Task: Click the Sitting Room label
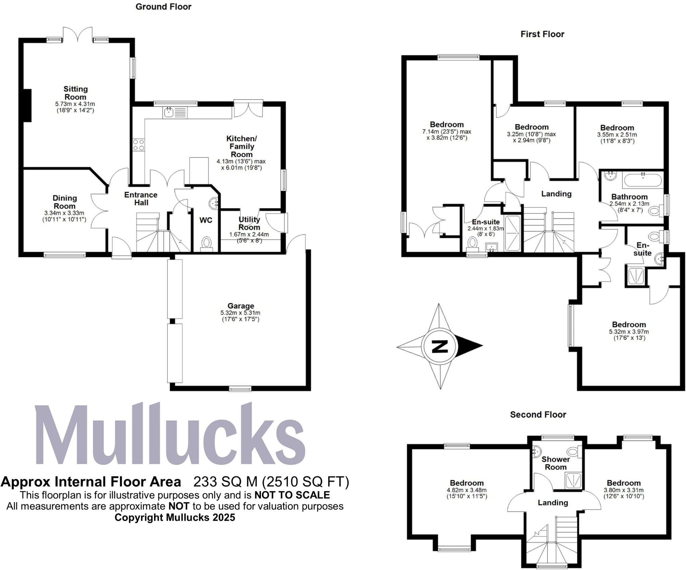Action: (x=75, y=93)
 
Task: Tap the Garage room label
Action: (x=241, y=306)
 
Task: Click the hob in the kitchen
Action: (x=138, y=145)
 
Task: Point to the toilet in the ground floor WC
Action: (x=207, y=242)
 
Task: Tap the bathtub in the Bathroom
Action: (x=642, y=181)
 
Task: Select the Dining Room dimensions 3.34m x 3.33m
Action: (x=64, y=213)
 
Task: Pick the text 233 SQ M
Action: (x=225, y=482)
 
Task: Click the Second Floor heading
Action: (x=538, y=415)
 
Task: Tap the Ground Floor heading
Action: (x=163, y=7)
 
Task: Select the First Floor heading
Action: (x=542, y=34)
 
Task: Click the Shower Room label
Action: (x=556, y=463)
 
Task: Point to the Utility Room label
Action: (x=249, y=223)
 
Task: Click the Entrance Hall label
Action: (x=141, y=199)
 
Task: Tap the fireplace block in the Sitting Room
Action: (x=27, y=105)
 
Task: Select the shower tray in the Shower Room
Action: (x=573, y=481)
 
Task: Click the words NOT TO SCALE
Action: (x=292, y=495)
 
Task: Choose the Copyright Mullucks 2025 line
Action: (x=175, y=517)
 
